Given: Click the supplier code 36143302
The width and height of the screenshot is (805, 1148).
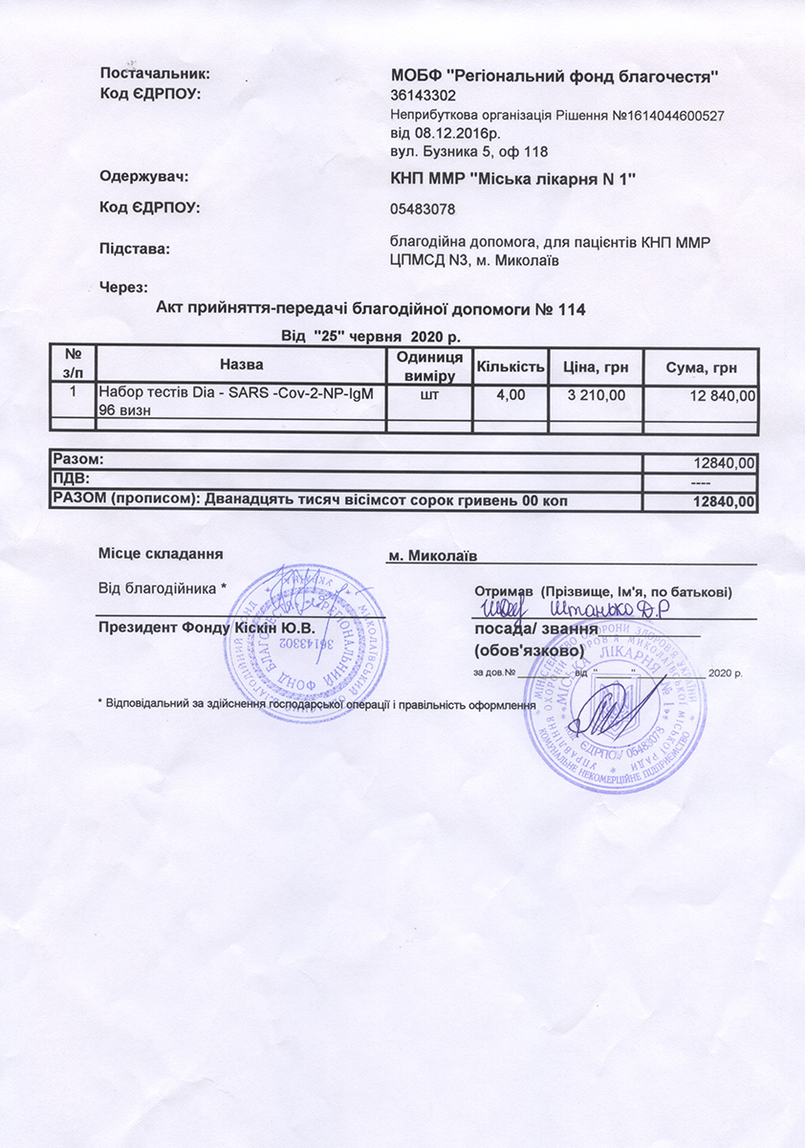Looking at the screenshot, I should pos(424,96).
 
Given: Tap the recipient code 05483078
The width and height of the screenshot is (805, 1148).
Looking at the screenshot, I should pos(423,209).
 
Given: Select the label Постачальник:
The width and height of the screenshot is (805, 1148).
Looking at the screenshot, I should pos(154,74).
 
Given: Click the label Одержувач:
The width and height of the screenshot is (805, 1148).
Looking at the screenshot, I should pos(144,176).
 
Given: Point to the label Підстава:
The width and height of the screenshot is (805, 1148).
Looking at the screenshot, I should pos(135,249).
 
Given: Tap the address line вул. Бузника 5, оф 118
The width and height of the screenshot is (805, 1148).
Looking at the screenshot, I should pos(468,151).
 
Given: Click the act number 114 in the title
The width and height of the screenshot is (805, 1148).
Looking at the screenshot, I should pos(572,309).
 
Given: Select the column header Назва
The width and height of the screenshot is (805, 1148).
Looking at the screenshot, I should pos(241,364).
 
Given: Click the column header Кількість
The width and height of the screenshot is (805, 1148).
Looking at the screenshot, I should pos(511,366).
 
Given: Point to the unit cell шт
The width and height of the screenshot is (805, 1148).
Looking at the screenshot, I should pos(429,393).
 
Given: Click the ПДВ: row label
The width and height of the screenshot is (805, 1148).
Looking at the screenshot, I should pos(72,478).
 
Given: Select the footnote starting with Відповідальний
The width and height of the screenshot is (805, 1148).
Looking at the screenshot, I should pos(315,704).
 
